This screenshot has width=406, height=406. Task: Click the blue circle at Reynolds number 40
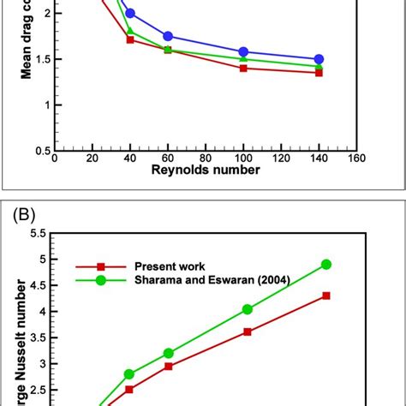tap(130, 14)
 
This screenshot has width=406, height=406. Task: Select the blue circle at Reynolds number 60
tap(168, 36)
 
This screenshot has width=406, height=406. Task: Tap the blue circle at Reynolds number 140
tap(319, 59)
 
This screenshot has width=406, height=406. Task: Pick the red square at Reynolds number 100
tap(243, 68)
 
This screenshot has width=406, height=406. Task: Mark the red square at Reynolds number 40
tap(130, 39)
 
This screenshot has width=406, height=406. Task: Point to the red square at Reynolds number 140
tap(319, 73)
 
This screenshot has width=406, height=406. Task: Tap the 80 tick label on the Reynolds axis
tap(206, 158)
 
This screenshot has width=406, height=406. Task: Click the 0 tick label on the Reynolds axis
tap(56, 158)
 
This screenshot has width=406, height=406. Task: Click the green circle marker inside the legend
tap(100, 280)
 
